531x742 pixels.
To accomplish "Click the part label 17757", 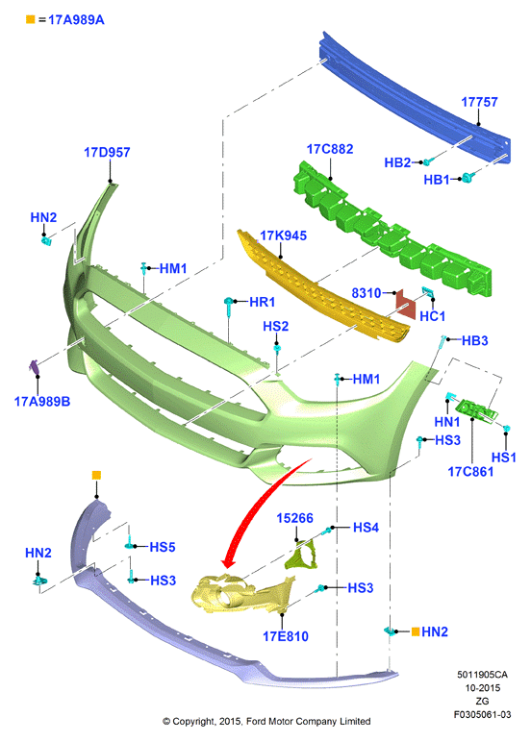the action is pos(479,102).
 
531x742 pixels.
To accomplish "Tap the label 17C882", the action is pos(330,149).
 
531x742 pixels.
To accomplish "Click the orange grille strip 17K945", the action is pos(322,288).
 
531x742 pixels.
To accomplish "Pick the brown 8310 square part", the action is pos(406,303).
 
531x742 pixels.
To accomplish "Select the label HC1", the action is pos(433,316).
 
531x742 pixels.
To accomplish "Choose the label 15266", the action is pos(294,518).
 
